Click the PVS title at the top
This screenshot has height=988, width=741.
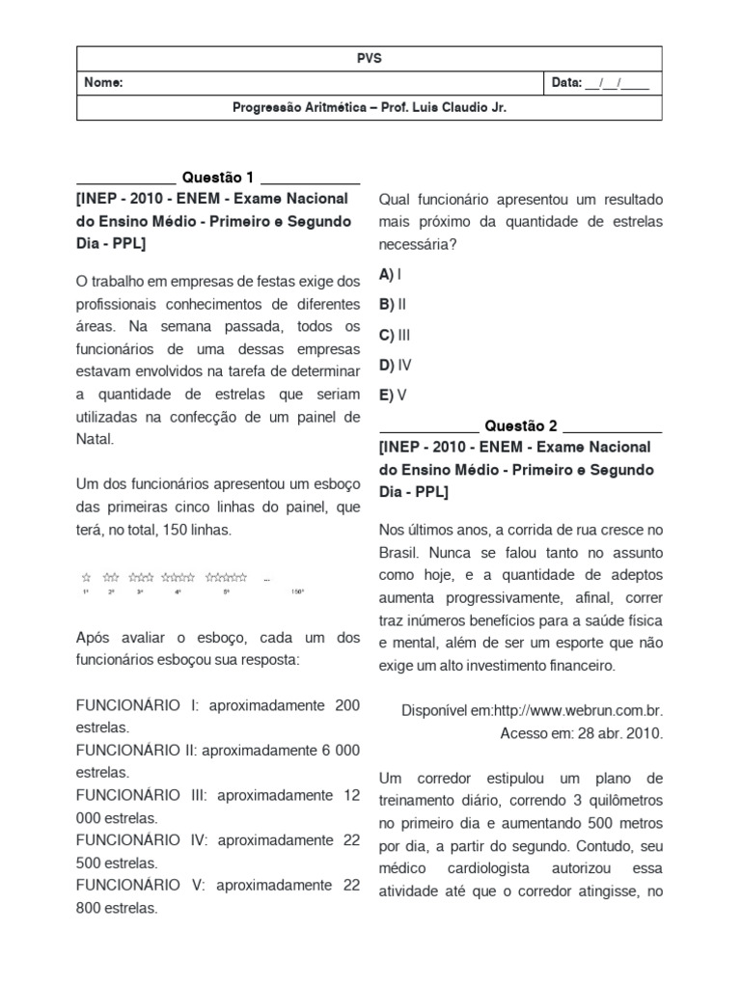[369, 58]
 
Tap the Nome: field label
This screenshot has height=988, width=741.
[103, 83]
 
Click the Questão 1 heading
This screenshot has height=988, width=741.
[218, 178]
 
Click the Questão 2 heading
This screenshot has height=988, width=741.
[521, 425]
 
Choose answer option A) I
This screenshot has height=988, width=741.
[391, 275]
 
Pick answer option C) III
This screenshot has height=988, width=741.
[396, 335]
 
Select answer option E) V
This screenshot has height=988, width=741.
[393, 395]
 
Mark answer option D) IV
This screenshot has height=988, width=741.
[396, 365]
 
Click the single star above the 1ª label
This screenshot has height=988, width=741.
[86, 577]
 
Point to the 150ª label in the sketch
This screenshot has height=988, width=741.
[298, 591]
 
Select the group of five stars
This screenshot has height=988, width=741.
[227, 577]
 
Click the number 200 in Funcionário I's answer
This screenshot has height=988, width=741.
[347, 705]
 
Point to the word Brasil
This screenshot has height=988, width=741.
[400, 554]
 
